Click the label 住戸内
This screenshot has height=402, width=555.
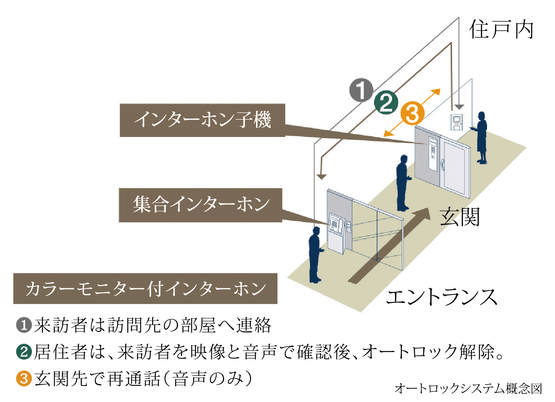click(x=501, y=30)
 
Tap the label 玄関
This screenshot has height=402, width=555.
click(x=460, y=217)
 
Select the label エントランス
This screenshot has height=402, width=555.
click(x=442, y=297)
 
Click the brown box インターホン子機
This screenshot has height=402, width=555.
click(x=202, y=120)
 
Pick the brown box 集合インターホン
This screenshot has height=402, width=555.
click(x=201, y=205)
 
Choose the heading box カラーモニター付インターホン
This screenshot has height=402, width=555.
click(x=145, y=289)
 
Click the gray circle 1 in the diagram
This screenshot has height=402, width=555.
click(x=361, y=90)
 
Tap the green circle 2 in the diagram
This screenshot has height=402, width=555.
click(x=386, y=102)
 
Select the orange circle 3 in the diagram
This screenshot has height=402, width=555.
click(x=412, y=113)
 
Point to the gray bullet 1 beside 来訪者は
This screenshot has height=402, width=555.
click(x=24, y=325)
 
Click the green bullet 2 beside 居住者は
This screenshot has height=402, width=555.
click(x=24, y=351)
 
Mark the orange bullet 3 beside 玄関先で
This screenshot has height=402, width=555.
click(x=24, y=378)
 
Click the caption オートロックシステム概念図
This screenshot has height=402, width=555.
click(x=468, y=388)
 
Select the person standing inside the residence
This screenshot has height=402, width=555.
click(x=481, y=137)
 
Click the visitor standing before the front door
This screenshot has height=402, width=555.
click(x=402, y=183)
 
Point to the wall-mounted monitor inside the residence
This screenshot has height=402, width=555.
click(x=457, y=122)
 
